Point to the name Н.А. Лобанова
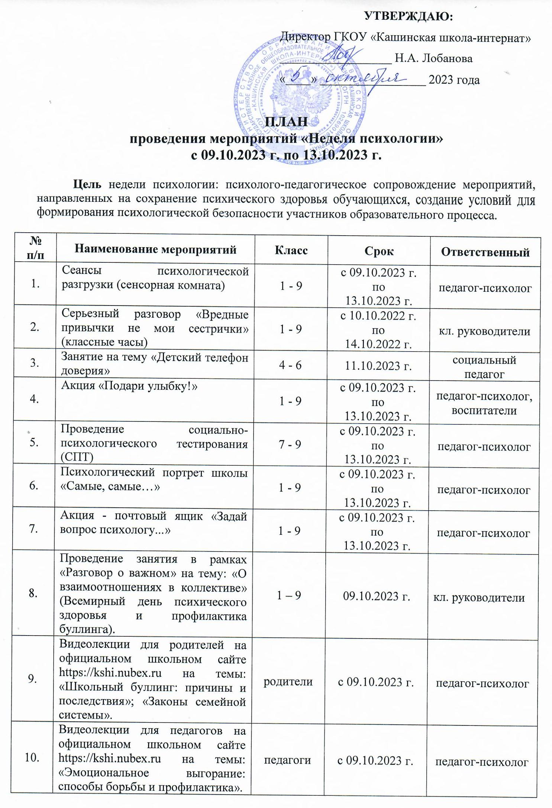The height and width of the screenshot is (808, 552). pos(433,58)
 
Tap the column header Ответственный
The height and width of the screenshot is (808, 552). pos(485,252)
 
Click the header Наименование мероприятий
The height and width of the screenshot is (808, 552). pos(155,249)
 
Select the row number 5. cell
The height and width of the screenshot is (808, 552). pos(35,444)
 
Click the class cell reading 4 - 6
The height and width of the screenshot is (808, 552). pos(290,365)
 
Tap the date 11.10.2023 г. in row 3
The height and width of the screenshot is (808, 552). pos(378,366)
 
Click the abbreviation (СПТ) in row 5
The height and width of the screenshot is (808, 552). pos(77,457)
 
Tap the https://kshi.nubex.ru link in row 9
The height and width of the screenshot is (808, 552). pos(110,671)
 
